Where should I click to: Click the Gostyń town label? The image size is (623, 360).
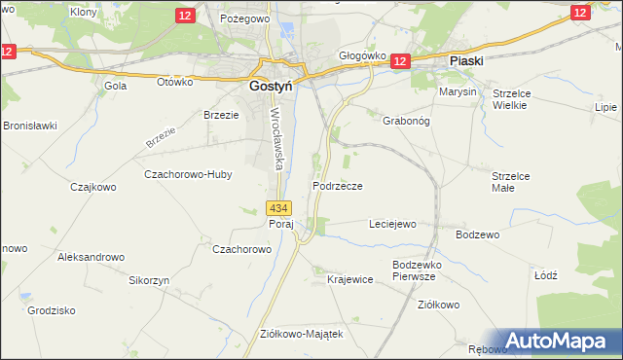click(260, 86)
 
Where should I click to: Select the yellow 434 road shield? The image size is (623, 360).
click(278, 208)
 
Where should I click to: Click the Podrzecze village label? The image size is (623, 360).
click(338, 186)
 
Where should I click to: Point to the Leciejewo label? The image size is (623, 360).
click(392, 224)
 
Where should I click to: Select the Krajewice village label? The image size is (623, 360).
click(350, 279)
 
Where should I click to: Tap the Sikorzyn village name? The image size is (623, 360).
click(149, 279)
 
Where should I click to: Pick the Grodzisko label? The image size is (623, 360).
click(52, 310)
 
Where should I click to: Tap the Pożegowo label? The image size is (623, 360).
click(244, 18)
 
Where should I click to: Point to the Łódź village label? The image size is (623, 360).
click(545, 275)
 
